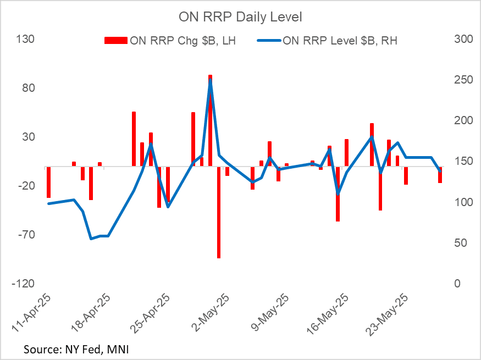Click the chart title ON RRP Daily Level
point(240,17)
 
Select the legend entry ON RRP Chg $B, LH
point(170,40)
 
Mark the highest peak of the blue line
point(211,80)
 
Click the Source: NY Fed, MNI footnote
point(76,349)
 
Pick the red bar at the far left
point(48,181)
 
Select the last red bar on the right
point(440,174)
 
